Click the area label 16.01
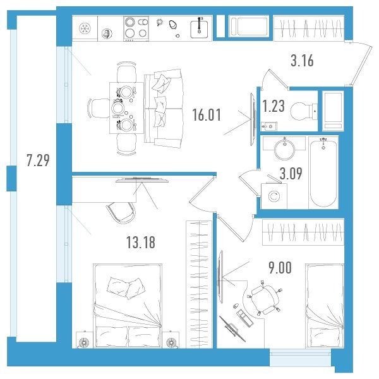(207, 115)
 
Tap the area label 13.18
(141, 243)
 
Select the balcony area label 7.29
(38, 160)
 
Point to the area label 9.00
(280, 268)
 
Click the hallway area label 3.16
(302, 61)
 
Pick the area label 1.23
(274, 106)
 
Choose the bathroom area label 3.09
(291, 174)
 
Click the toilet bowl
(304, 111)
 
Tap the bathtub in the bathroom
(323, 172)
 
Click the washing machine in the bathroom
(274, 196)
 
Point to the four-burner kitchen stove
(136, 28)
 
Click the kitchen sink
(199, 29)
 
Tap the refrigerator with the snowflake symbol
(85, 28)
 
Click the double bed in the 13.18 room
(128, 306)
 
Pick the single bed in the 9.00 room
(325, 306)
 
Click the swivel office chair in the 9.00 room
(265, 298)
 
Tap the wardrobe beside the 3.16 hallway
(309, 28)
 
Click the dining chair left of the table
(100, 109)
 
